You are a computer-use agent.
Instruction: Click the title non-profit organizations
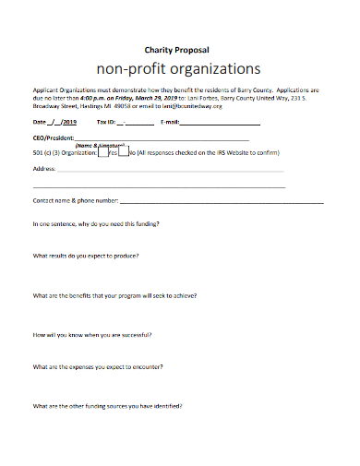(179, 69)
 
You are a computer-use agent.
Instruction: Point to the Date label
(39, 122)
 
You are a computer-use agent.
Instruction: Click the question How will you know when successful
(92, 335)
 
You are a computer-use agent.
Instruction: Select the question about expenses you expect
(98, 367)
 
